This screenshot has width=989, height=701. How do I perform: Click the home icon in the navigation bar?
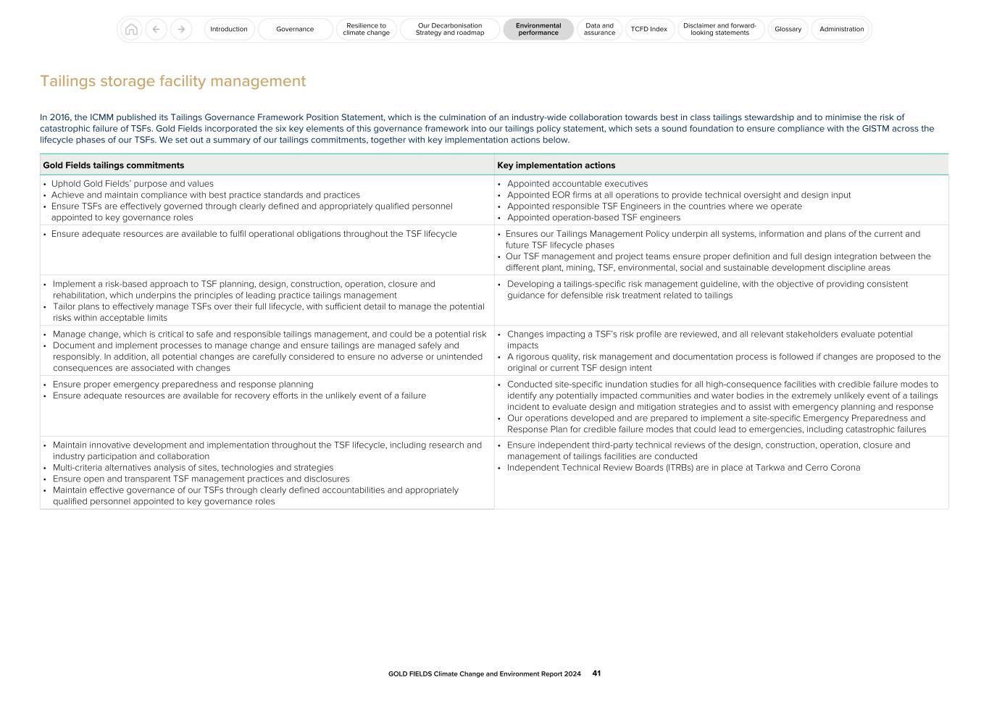click(x=131, y=30)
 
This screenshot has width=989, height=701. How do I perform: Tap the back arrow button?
click(x=156, y=30)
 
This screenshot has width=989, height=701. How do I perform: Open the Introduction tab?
click(x=229, y=30)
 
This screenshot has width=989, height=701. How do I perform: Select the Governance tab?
click(x=295, y=30)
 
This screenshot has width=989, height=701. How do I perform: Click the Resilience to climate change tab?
click(x=366, y=30)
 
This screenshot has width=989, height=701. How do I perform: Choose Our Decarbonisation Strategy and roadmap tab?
click(x=450, y=30)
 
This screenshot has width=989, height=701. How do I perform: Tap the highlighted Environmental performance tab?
click(x=538, y=30)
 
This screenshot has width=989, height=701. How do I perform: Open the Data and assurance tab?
click(x=599, y=30)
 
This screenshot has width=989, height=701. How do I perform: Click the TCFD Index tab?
click(x=648, y=30)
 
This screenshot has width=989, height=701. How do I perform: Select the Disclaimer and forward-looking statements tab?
click(x=719, y=30)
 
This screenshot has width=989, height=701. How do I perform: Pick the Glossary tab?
click(x=788, y=30)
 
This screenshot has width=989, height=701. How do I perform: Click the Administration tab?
click(x=841, y=30)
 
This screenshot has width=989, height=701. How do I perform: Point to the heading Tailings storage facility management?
click(x=172, y=81)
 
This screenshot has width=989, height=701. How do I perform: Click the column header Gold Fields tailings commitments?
click(x=114, y=165)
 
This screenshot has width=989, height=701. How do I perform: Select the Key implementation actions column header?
click(x=556, y=165)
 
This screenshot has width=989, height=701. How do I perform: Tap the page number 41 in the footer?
click(x=596, y=673)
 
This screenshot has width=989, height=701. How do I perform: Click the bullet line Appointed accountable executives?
click(x=577, y=184)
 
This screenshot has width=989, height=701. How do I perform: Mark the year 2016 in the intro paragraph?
click(x=60, y=117)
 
